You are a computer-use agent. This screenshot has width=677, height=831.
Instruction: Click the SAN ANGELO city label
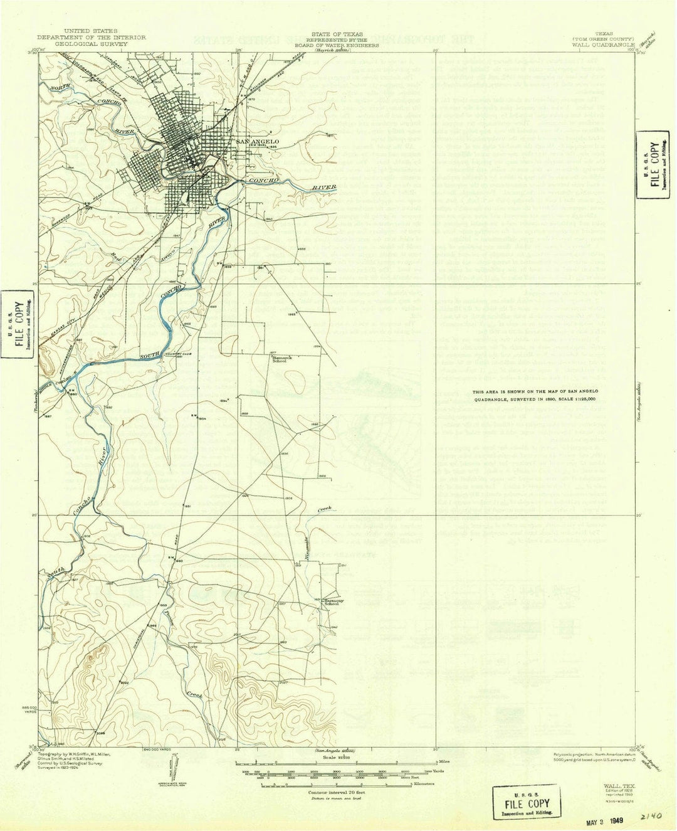[257, 142]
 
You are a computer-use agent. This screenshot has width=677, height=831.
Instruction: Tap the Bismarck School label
[280, 360]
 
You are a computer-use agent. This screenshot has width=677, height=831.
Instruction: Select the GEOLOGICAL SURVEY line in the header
[91, 45]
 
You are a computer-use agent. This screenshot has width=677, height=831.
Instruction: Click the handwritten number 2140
[651, 816]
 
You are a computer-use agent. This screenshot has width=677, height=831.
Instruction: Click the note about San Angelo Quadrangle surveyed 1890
[535, 395]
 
